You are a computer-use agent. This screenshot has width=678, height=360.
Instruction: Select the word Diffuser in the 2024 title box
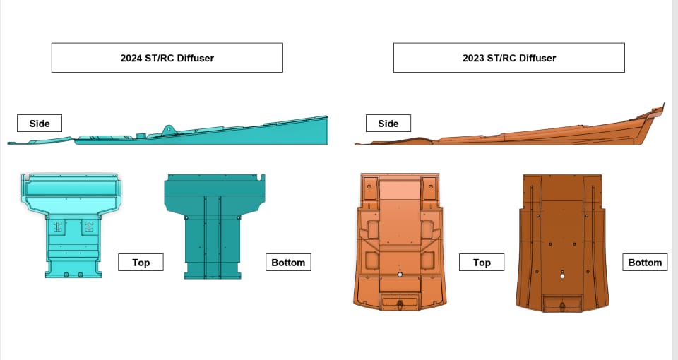(x=195, y=58)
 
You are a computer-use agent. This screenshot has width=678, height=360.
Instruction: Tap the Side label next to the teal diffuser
(x=40, y=123)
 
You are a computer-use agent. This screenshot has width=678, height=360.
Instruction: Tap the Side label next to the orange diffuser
(x=388, y=123)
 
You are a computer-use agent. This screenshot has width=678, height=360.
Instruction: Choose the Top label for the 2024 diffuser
(x=141, y=263)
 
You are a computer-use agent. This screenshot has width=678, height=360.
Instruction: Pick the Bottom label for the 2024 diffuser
(x=288, y=263)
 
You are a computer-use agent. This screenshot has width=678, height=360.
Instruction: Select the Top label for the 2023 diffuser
(x=482, y=263)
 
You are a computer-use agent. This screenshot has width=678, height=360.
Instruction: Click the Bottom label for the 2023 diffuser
(x=645, y=263)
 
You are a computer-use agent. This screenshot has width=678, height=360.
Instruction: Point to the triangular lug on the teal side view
(x=168, y=130)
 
